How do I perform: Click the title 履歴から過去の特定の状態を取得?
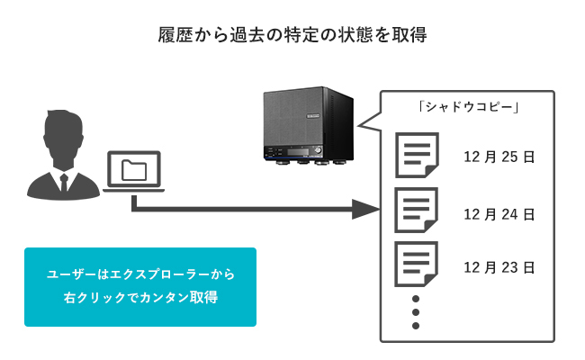pyautogui.click(x=292, y=37)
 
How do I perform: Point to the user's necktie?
pyautogui.click(x=63, y=181)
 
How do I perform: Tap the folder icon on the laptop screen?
pyautogui.click(x=133, y=169)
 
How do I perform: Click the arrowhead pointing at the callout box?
pyautogui.click(x=364, y=211)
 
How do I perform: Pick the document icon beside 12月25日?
pyautogui.click(x=415, y=156)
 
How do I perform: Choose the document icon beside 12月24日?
pyautogui.click(x=415, y=211)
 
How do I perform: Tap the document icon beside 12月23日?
pyautogui.click(x=415, y=265)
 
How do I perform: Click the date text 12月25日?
pyautogui.click(x=499, y=157)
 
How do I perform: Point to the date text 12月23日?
pyautogui.click(x=499, y=267)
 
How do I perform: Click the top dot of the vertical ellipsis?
pyautogui.click(x=416, y=298)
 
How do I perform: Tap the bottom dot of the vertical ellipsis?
pyautogui.click(x=416, y=326)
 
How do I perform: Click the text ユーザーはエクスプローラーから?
pyautogui.click(x=139, y=274)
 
